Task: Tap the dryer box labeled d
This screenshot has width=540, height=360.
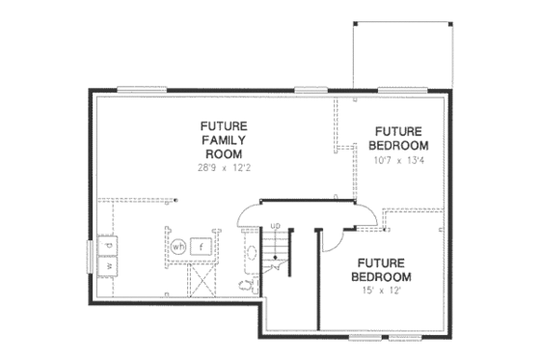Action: click(110, 243)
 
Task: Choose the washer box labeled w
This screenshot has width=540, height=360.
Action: click(110, 263)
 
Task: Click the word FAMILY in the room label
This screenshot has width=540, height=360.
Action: click(223, 140)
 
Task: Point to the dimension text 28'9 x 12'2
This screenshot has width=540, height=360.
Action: click(223, 168)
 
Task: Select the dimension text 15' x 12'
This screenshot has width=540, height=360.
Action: click(385, 290)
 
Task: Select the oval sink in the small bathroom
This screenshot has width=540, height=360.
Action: click(250, 253)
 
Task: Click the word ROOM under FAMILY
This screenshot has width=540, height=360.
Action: click(223, 153)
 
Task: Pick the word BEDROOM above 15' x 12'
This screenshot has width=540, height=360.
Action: click(385, 276)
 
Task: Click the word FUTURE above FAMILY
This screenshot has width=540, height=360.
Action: click(223, 125)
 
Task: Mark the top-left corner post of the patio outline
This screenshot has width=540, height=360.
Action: click(355, 22)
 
